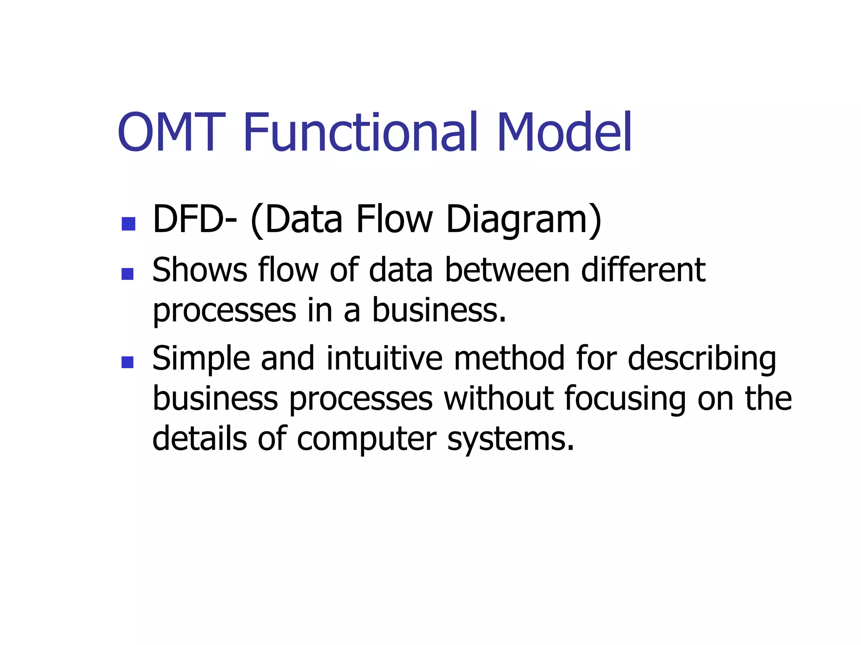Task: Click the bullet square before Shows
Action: [127, 274]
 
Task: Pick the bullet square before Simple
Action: [127, 362]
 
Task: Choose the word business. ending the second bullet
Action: [439, 310]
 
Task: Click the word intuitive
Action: [384, 358]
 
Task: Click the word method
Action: [509, 358]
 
